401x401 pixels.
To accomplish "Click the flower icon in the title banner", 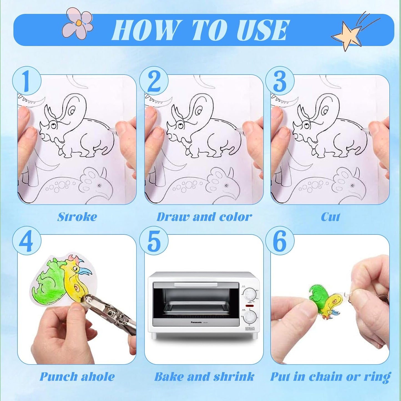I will (77, 23).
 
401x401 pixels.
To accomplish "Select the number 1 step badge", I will (27, 81).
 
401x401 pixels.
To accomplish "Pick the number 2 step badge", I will (154, 81).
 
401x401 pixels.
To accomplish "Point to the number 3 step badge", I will (280, 81).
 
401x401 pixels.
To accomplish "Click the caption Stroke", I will (77, 217).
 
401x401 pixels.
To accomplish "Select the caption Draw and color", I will (204, 217).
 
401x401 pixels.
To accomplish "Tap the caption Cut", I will (330, 217).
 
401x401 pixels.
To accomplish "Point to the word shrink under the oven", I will (234, 377).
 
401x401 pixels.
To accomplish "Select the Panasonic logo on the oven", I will (196, 322).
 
